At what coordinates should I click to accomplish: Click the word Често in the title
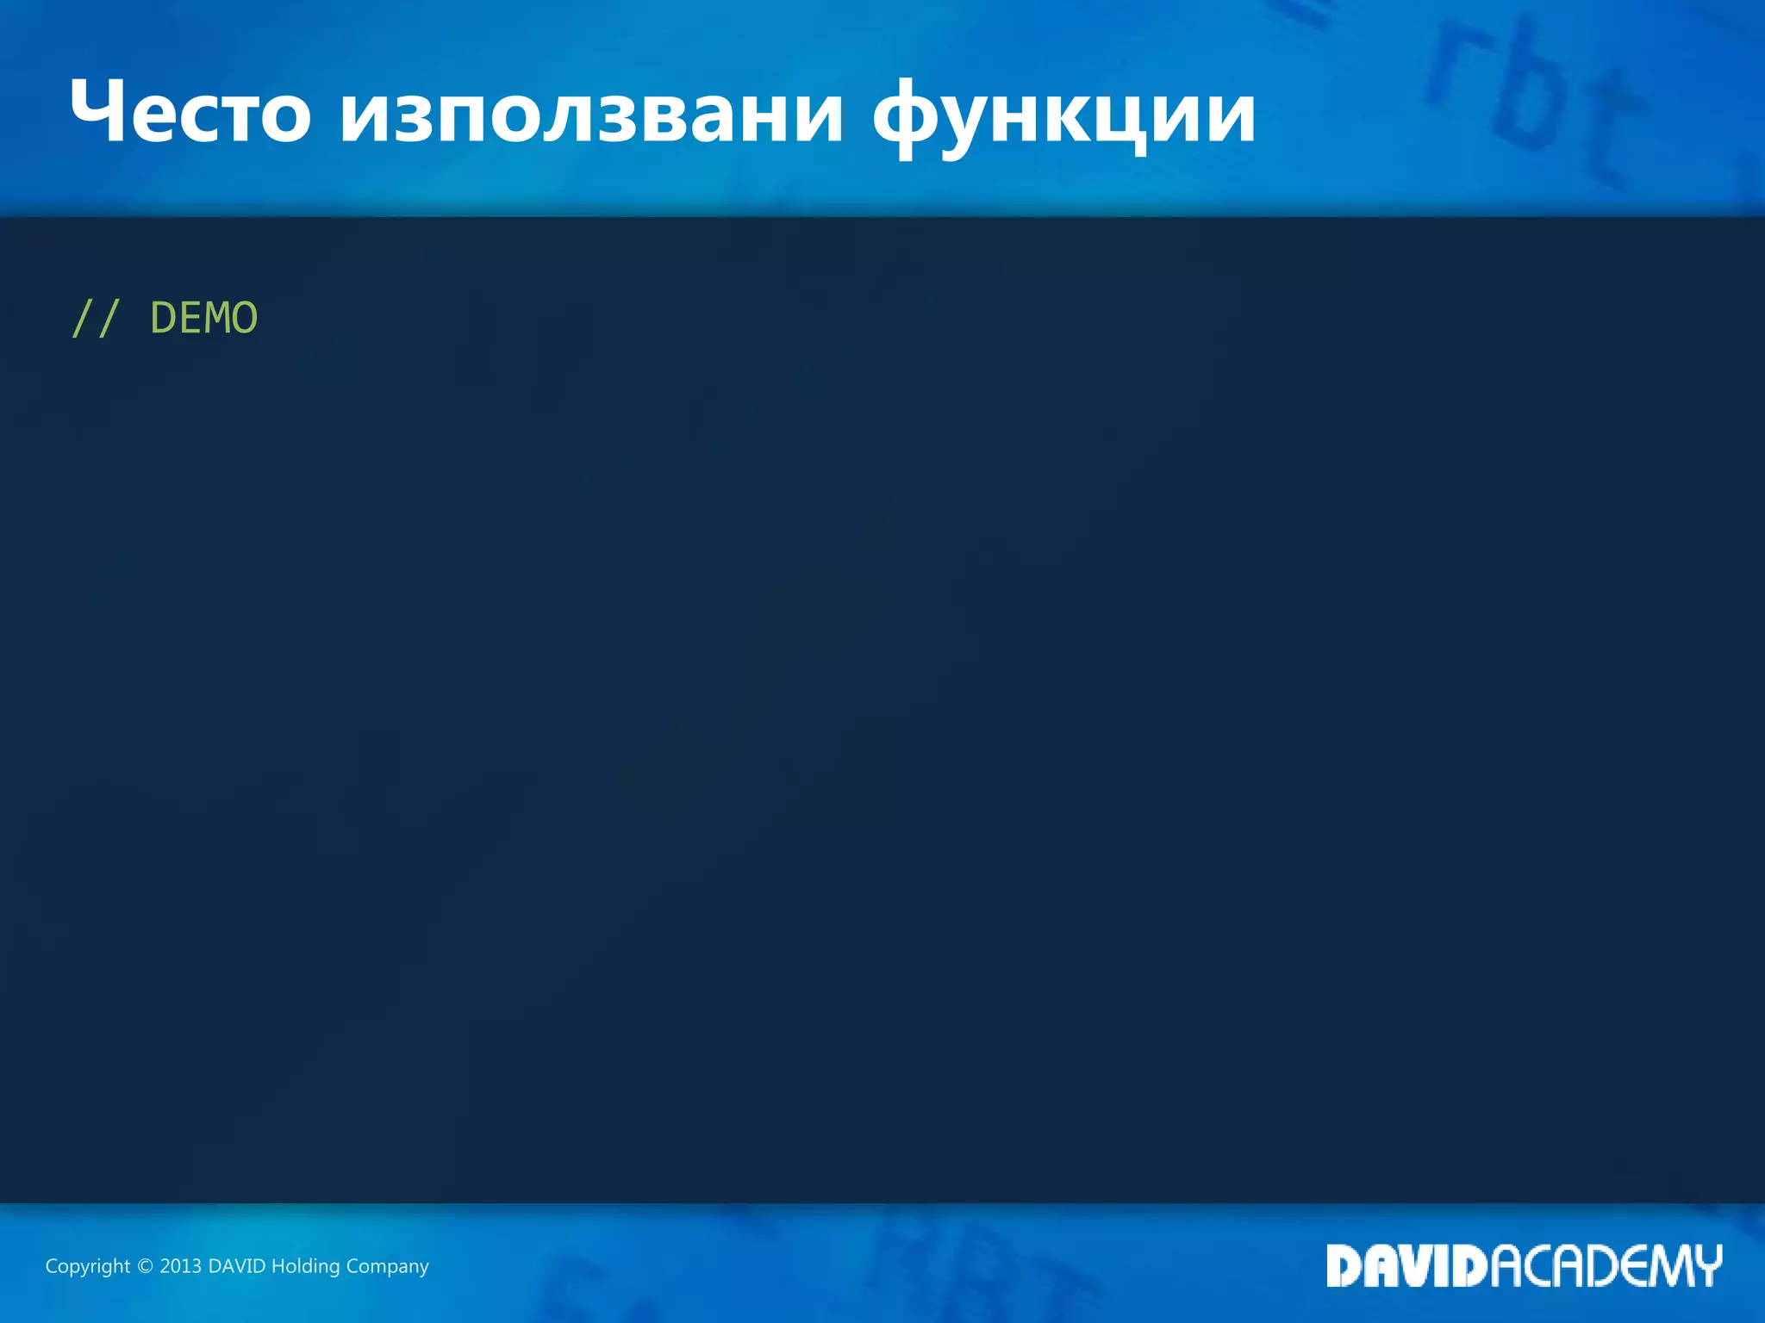click(190, 113)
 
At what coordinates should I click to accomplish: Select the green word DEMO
click(204, 319)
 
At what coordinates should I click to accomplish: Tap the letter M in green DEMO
click(217, 319)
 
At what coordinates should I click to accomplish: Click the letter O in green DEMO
click(245, 319)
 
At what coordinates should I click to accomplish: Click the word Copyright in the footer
click(87, 1266)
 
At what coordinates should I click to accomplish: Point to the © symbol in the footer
click(145, 1266)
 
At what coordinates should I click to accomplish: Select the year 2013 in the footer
click(180, 1266)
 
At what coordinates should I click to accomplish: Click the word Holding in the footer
click(305, 1266)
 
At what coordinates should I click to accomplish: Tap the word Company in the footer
click(387, 1266)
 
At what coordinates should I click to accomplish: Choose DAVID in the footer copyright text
click(237, 1266)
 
